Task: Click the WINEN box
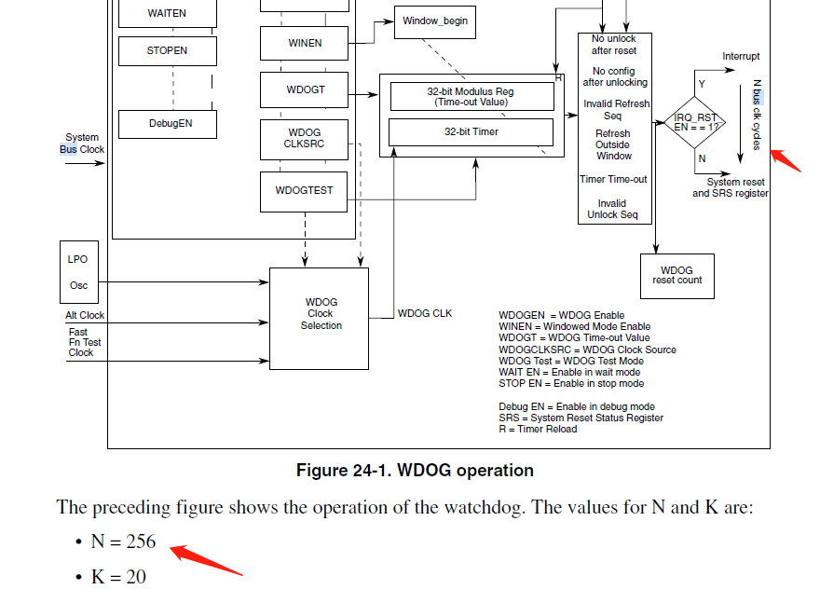click(305, 43)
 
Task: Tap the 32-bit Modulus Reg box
click(471, 97)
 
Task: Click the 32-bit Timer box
click(471, 132)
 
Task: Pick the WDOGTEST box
click(304, 191)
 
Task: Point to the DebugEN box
click(168, 124)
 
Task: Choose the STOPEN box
click(168, 51)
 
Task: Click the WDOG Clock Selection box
click(319, 318)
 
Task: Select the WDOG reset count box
click(677, 276)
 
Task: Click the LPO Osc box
click(78, 271)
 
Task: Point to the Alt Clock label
click(85, 316)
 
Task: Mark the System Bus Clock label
click(82, 144)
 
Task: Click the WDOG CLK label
click(425, 313)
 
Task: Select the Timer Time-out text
click(613, 180)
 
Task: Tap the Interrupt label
click(741, 57)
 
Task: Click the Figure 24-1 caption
click(415, 471)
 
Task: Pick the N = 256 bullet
click(123, 541)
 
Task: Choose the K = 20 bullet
click(118, 577)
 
